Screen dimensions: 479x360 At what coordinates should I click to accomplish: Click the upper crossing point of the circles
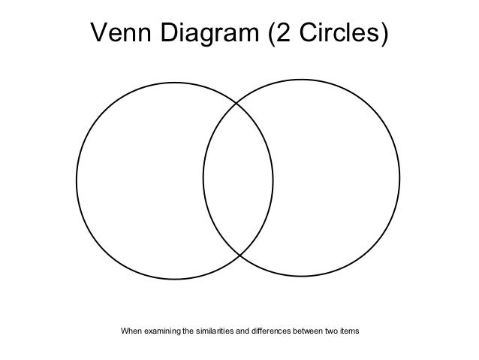[x=238, y=102]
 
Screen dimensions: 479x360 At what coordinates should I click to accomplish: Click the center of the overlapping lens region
[x=238, y=180]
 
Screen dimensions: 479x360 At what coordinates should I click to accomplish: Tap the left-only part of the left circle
[x=139, y=180]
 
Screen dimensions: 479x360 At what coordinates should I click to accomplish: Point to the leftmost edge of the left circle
[x=76, y=180]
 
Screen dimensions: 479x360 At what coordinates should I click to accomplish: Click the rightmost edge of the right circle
[x=400, y=178]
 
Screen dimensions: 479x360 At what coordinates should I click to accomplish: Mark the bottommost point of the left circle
[x=174, y=279]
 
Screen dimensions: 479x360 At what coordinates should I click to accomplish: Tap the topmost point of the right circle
[x=301, y=79]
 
